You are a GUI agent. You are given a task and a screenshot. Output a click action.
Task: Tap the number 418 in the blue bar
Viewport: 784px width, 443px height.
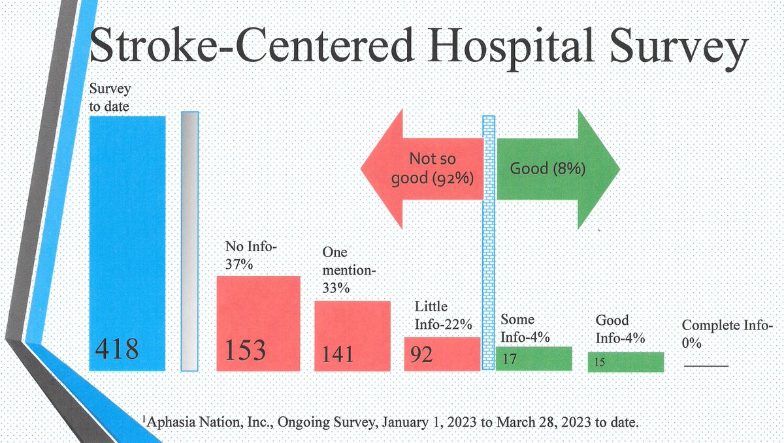point(118,350)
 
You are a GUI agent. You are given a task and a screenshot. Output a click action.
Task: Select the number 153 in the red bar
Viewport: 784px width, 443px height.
point(246,350)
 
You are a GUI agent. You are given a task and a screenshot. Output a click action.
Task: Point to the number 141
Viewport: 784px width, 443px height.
point(338,354)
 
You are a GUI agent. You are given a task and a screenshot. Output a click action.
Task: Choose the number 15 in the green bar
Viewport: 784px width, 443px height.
point(600,361)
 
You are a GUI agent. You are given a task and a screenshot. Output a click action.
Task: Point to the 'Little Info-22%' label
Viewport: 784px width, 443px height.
point(444,315)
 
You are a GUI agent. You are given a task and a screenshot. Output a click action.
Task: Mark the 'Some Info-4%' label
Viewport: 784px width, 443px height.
point(525,329)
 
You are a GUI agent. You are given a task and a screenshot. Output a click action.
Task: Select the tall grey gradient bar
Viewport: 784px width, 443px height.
point(189,241)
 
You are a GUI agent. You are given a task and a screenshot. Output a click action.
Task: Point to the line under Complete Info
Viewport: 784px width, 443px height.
point(706,366)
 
